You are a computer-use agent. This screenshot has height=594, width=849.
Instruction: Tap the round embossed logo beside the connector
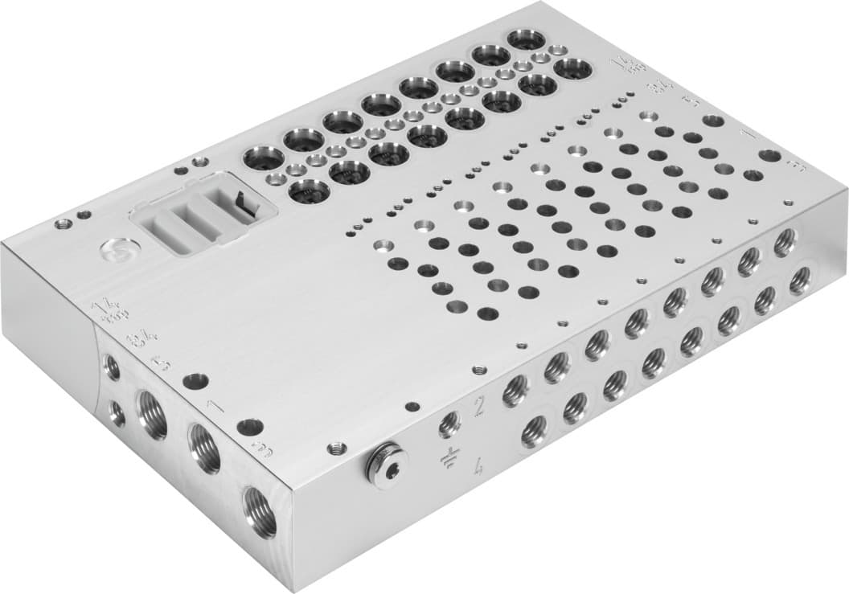click(x=117, y=252)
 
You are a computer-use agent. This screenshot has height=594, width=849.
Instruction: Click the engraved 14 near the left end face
click(x=103, y=309)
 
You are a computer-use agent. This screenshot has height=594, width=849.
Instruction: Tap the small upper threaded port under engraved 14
click(x=112, y=367)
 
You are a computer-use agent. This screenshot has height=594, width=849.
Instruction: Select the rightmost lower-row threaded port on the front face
click(x=798, y=281)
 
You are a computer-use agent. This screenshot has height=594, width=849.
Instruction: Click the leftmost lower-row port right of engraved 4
click(x=534, y=432)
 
